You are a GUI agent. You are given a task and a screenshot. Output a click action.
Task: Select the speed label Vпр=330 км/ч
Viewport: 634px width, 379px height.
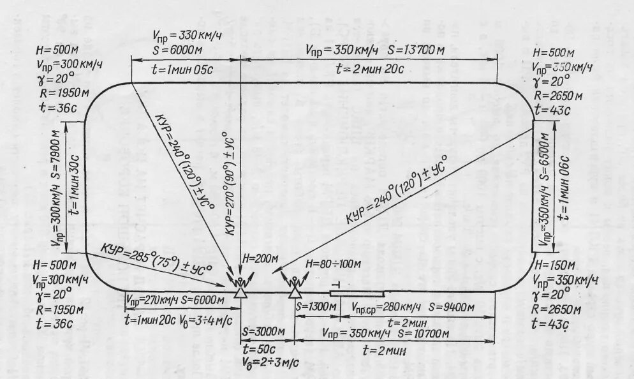[x=186, y=34]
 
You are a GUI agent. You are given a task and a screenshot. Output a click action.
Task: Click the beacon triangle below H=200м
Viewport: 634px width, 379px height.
[x=240, y=292]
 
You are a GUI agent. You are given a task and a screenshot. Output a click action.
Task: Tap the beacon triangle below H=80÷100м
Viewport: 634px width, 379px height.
[x=295, y=292]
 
